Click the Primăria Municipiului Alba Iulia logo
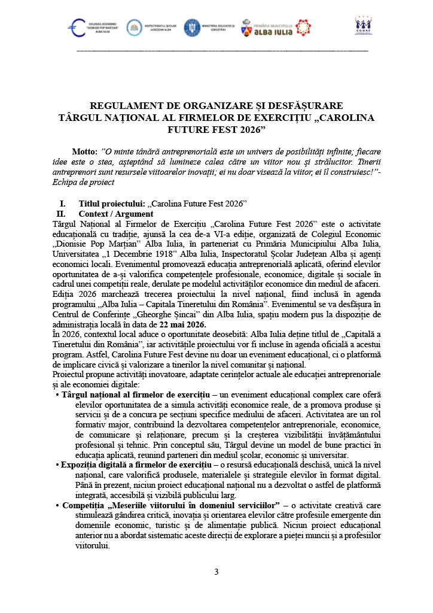[x=275, y=27]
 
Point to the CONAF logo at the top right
[x=363, y=25]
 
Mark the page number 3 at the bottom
[x=216, y=572]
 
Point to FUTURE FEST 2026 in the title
[x=216, y=128]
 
